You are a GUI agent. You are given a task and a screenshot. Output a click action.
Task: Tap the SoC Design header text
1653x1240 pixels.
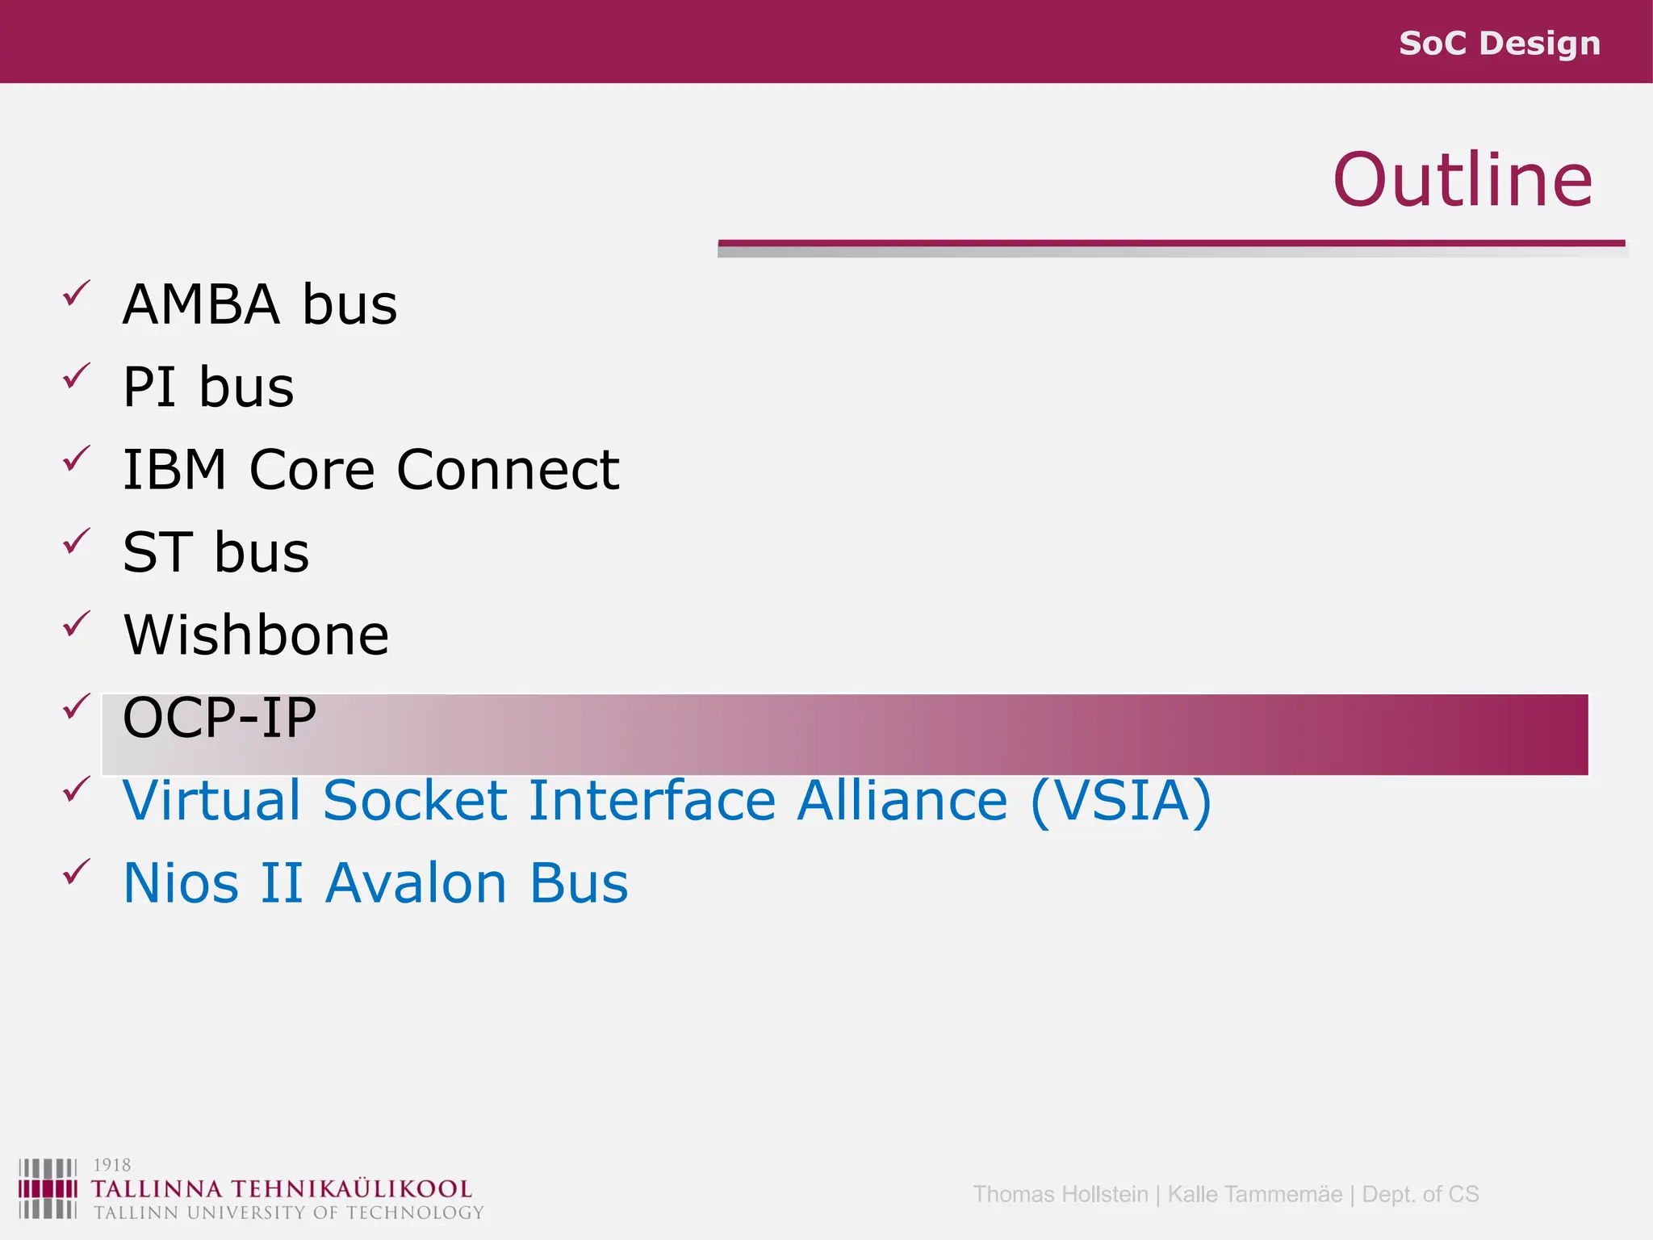1499,43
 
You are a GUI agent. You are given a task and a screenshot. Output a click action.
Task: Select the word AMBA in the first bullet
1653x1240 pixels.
201,305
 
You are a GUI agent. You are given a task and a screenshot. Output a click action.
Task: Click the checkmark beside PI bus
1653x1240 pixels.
76,376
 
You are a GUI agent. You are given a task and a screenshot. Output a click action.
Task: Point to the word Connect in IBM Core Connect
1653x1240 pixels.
508,470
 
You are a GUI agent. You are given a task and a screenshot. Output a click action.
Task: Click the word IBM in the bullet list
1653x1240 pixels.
174,470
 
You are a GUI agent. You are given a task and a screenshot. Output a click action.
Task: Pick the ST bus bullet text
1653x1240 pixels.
216,553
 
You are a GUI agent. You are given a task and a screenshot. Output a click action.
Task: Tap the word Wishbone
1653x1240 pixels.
256,635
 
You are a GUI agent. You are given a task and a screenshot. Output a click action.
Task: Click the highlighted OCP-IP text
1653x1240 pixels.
219,718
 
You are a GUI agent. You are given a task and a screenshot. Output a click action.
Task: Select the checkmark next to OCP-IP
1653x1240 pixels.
76,706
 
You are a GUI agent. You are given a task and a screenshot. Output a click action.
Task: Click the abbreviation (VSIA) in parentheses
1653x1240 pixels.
1121,800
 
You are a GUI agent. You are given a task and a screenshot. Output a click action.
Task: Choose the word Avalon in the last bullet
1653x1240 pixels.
416,883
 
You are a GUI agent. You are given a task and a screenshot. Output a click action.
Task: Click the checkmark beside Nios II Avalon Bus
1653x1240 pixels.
76,872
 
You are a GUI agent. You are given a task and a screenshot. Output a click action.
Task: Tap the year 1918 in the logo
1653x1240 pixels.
111,1165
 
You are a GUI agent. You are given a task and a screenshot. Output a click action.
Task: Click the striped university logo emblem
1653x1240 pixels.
48,1188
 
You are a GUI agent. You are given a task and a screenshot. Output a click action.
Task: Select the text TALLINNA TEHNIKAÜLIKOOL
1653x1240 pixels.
281,1189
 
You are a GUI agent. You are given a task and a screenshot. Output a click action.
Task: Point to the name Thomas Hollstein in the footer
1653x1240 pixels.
1060,1194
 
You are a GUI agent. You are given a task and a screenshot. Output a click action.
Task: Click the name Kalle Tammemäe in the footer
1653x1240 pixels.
1254,1194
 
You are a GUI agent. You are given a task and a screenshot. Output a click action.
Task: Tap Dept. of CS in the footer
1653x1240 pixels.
1420,1194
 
